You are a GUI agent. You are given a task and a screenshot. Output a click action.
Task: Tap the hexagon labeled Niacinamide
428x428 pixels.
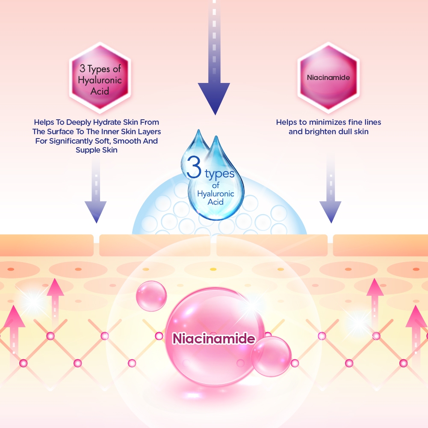[x=328, y=78]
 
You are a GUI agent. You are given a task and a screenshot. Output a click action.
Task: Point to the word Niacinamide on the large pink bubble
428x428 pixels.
[x=213, y=339]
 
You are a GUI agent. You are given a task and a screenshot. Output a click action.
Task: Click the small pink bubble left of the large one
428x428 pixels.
[x=151, y=296]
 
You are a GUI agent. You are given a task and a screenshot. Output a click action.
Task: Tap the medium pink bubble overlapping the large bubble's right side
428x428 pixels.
[x=271, y=356]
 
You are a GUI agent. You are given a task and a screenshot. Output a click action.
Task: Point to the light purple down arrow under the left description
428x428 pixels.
[x=95, y=205]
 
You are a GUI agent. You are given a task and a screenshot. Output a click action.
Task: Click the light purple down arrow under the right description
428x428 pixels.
[x=330, y=205]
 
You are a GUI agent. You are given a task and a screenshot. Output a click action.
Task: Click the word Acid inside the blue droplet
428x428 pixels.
[x=215, y=201]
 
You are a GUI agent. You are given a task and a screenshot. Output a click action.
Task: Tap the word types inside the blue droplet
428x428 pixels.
[x=219, y=174]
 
